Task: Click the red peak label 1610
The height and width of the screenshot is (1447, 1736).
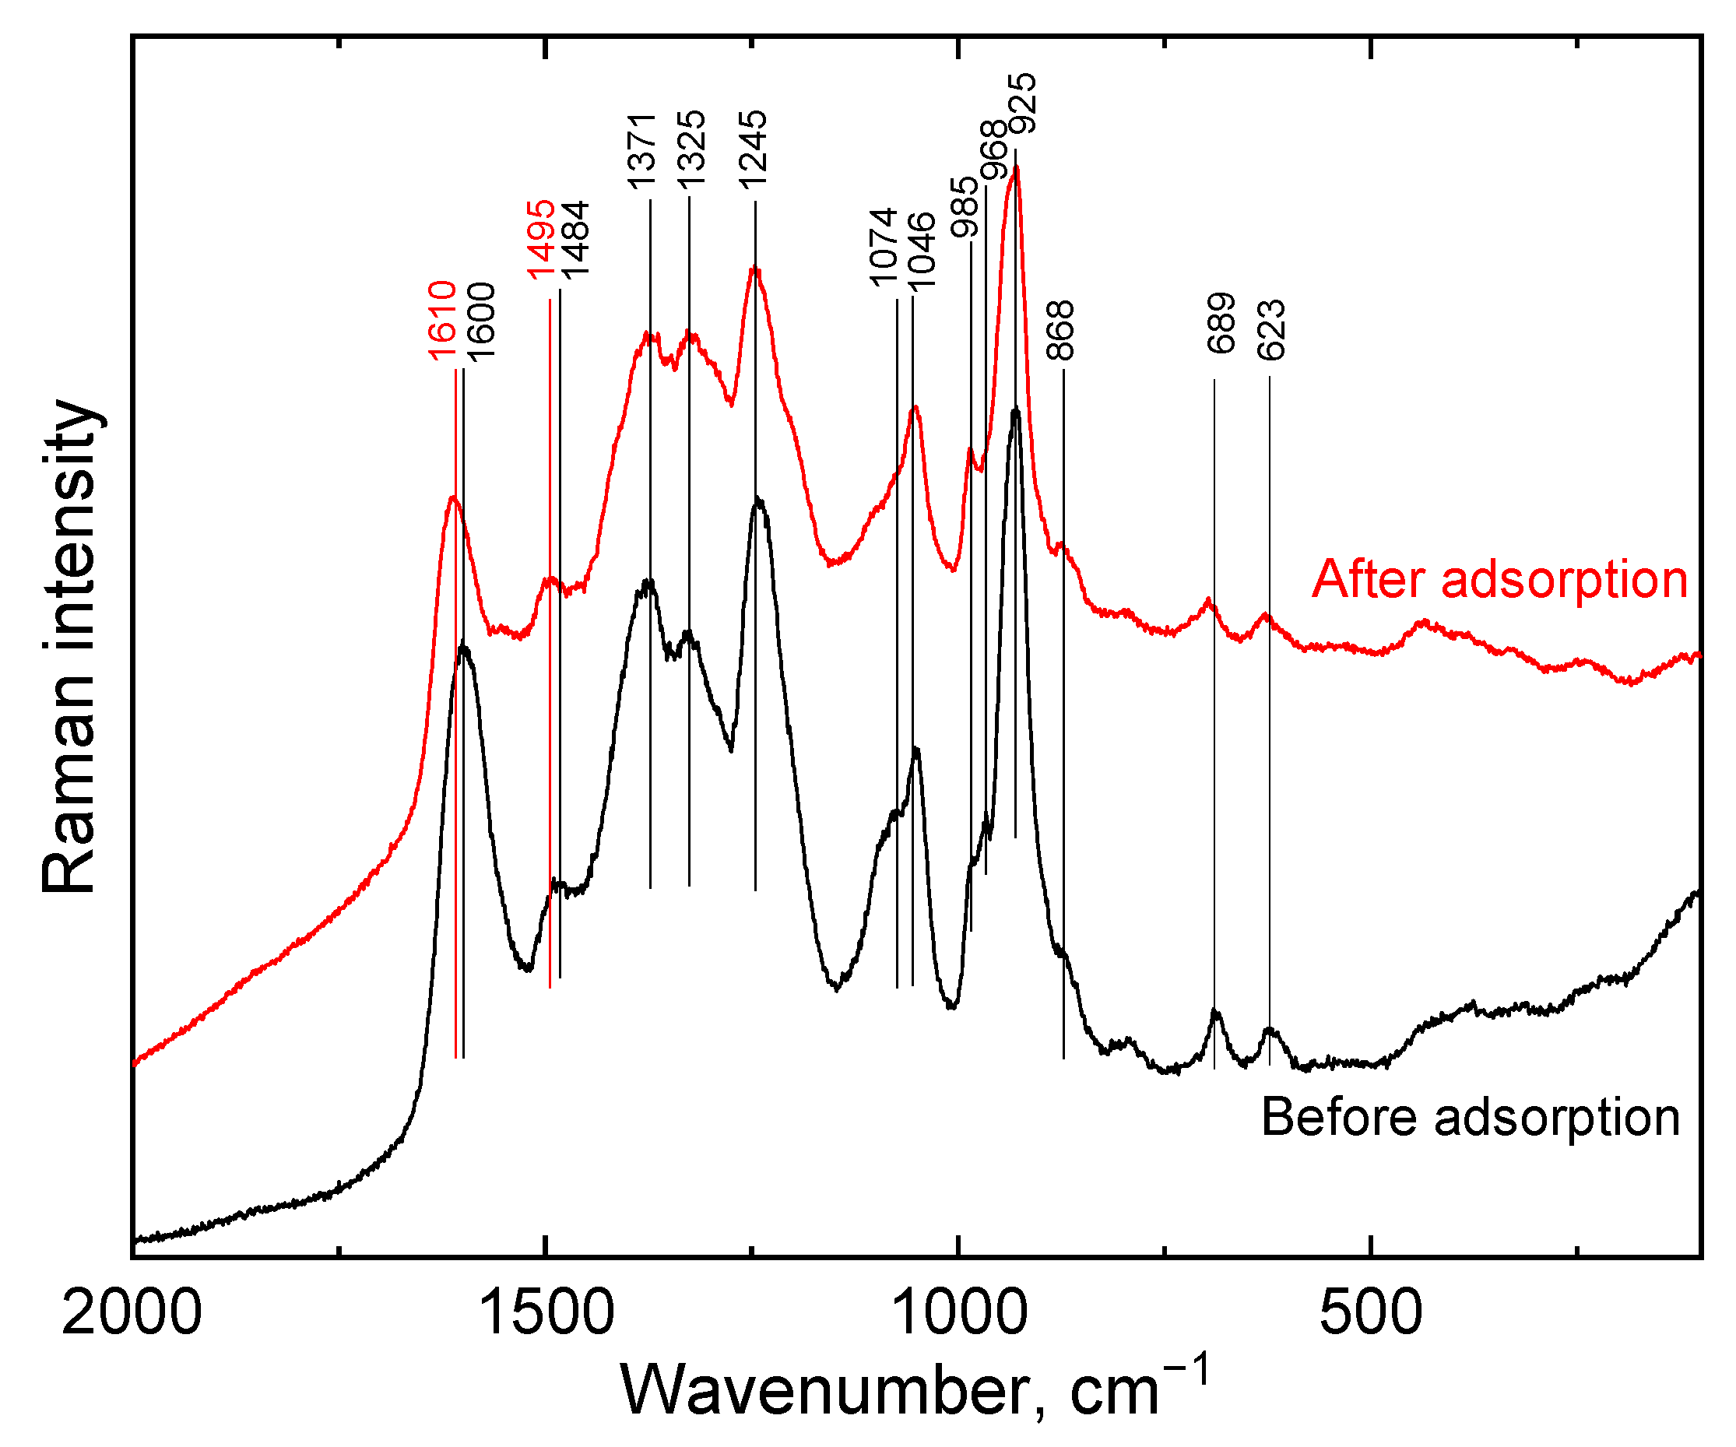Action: [442, 321]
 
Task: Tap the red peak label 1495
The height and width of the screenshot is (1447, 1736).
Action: [542, 240]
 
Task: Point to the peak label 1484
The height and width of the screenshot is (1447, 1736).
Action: [575, 240]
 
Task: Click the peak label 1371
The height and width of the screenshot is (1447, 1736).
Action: [641, 151]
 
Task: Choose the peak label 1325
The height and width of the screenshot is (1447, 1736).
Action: [691, 151]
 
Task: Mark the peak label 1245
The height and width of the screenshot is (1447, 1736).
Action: [753, 150]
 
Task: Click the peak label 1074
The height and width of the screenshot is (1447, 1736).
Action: [884, 247]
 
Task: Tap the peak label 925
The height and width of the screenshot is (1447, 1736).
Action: [1024, 104]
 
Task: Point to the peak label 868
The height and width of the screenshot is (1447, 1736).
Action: [1060, 331]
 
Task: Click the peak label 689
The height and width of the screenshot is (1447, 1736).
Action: [1221, 323]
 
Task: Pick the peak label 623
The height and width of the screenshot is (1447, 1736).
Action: [1271, 330]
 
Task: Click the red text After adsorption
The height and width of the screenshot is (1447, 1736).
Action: [1499, 579]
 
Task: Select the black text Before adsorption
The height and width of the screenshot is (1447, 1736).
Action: [1470, 1117]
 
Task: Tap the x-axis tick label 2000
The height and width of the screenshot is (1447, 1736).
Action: [132, 1315]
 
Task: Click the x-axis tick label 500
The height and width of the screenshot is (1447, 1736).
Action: [1371, 1315]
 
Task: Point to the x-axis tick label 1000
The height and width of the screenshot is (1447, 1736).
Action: [959, 1315]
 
